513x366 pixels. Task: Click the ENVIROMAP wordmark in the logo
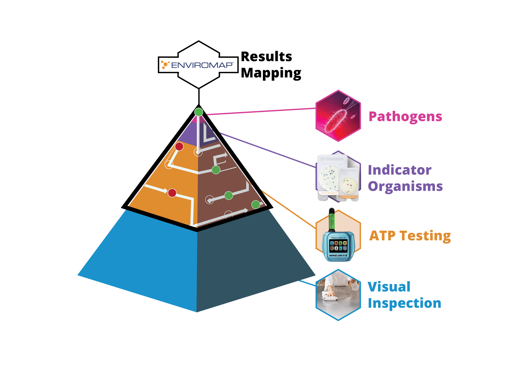coord(202,65)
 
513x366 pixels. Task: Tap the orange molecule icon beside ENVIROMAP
coord(165,65)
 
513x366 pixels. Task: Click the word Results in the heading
coord(266,57)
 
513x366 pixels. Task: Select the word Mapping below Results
coord(271,73)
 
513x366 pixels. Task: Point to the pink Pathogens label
coord(405,117)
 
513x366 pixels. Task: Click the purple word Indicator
coord(400,170)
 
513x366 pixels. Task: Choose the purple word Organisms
coord(405,186)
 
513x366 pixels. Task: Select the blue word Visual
coord(389,287)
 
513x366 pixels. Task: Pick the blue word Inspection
coord(405,303)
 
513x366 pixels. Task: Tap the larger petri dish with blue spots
coord(329,176)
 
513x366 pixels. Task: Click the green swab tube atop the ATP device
coord(332,220)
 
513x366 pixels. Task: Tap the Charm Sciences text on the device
coord(338,238)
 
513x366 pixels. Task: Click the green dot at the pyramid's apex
coord(199,112)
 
